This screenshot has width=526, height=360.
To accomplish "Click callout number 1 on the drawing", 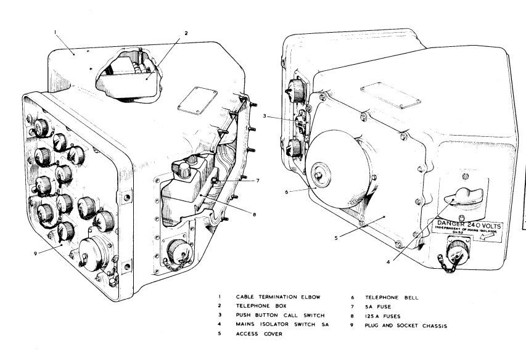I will pyautogui.click(x=54, y=31).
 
